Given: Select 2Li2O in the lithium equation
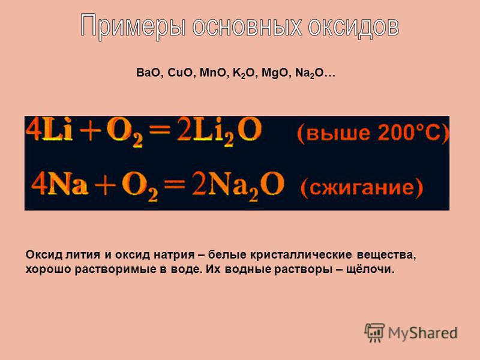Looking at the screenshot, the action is [x=219, y=131].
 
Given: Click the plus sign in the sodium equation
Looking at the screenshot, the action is [x=105, y=185].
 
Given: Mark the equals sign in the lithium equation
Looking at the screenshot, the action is [x=160, y=129].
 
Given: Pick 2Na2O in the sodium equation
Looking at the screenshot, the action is [x=238, y=185].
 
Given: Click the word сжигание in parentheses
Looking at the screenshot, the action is [x=362, y=188].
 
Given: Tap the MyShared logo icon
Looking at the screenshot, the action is [x=374, y=332].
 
